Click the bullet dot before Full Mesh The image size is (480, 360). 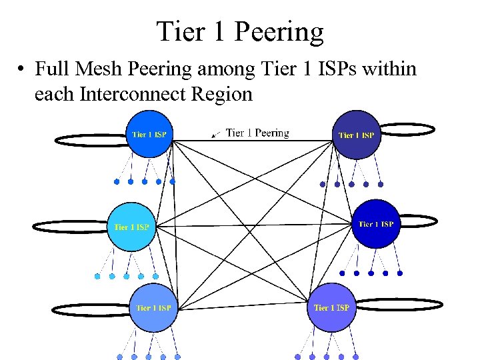coord(22,69)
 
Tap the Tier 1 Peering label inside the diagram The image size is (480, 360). coord(257,133)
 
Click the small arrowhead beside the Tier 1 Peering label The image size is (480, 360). coord(215,135)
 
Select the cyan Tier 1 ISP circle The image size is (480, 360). coord(132,227)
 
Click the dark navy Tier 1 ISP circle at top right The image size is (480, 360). coord(357,135)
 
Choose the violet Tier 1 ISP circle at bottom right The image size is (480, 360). coord(331,307)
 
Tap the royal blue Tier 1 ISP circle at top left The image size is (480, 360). coord(150,134)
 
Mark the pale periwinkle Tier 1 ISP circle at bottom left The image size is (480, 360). coord(153,307)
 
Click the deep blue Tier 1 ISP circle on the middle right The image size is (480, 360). coord(375,224)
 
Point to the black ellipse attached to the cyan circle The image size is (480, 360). coord(70,227)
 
